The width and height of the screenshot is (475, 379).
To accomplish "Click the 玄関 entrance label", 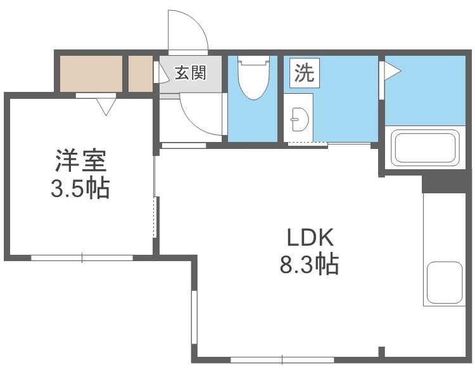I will [x=190, y=73].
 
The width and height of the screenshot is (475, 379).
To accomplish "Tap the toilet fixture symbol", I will [x=253, y=79].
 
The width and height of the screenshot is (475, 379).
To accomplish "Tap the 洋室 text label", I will [x=80, y=160].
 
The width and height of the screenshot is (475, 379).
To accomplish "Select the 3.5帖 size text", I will [x=80, y=188].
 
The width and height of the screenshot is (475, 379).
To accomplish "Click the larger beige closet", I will [x=91, y=74].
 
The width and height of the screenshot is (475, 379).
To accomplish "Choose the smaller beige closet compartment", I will [x=141, y=74].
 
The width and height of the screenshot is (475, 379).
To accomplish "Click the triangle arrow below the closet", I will [x=106, y=105].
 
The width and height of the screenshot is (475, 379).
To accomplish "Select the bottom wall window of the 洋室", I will [x=82, y=257].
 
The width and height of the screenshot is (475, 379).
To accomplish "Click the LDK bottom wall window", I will [x=282, y=360].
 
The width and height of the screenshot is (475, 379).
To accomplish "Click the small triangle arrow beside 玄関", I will [x=157, y=74].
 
